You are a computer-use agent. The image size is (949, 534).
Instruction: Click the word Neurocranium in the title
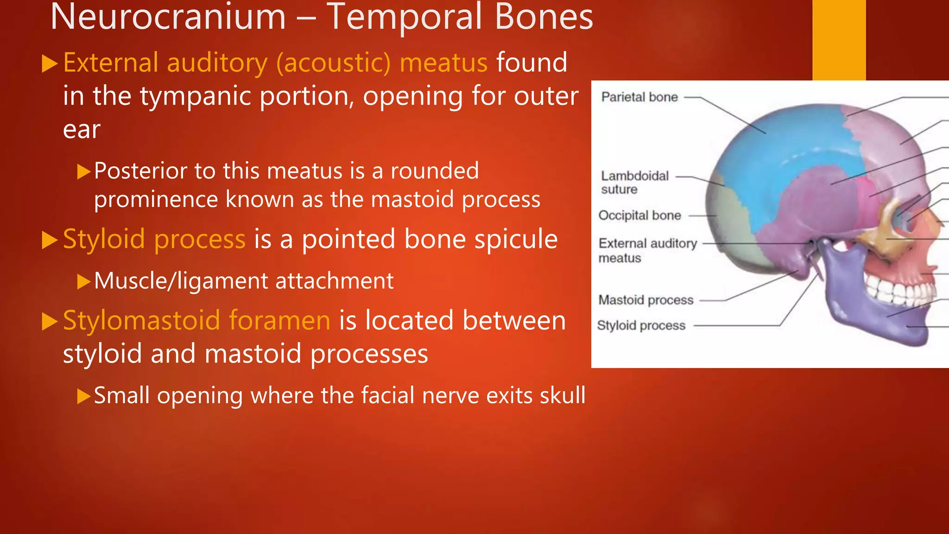(168, 18)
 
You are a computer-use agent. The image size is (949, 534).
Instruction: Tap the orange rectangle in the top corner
(839, 40)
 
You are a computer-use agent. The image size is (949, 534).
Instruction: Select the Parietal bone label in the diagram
(639, 97)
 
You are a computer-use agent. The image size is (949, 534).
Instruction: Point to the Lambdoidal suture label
(635, 183)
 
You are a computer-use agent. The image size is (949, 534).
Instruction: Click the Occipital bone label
(639, 216)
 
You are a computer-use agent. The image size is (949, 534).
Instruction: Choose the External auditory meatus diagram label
(647, 250)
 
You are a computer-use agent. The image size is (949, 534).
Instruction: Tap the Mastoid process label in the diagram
(646, 300)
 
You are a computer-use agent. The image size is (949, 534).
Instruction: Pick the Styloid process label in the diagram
(641, 326)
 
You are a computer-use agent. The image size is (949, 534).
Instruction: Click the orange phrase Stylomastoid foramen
(196, 321)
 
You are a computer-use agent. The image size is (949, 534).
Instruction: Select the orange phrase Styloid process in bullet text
(154, 239)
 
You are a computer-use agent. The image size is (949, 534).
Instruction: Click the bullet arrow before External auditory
(49, 64)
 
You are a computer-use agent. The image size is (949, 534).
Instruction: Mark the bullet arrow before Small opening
(83, 396)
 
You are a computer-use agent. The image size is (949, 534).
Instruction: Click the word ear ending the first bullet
(82, 130)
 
